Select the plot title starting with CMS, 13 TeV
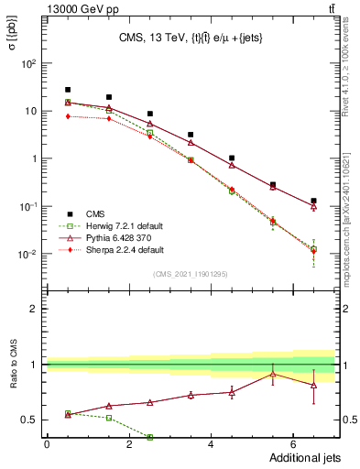[x=191, y=38]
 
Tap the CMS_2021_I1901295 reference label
[x=190, y=274]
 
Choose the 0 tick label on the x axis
[x=47, y=444]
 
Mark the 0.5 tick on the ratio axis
[x=28, y=420]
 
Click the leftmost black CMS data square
[x=68, y=90]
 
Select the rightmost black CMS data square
[x=313, y=201]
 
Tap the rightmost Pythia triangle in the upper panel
[x=313, y=207]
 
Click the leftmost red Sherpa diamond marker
[x=68, y=116]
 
